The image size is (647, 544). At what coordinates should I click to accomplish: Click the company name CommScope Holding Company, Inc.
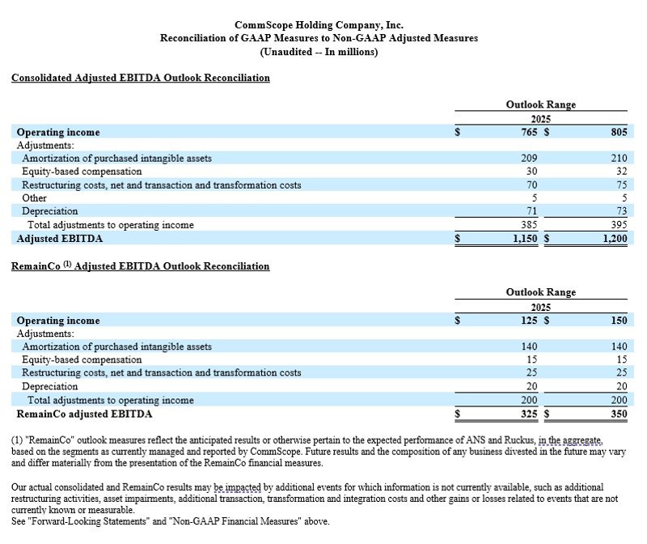[x=319, y=25]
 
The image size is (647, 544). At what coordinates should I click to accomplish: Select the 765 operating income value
[x=531, y=132]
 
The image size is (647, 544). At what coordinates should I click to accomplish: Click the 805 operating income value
[x=620, y=132]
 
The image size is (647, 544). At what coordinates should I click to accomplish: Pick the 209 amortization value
[x=531, y=159]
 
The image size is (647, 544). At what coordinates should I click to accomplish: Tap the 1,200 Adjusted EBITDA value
[x=614, y=239]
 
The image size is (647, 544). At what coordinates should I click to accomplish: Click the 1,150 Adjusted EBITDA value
[x=526, y=239]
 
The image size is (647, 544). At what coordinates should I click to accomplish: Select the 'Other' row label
[x=34, y=198]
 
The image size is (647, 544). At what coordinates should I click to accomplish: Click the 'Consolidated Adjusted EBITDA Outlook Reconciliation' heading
[x=140, y=78]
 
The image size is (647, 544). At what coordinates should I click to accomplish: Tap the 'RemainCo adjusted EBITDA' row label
[x=84, y=414]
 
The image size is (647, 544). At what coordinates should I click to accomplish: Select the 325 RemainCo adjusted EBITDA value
[x=531, y=414]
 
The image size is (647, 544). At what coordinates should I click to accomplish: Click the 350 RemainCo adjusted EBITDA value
[x=620, y=414]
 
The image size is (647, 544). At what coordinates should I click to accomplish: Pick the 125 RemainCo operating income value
[x=531, y=321]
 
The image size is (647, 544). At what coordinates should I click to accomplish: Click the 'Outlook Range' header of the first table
[x=541, y=104]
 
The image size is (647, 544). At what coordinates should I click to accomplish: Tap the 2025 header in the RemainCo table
[x=541, y=308]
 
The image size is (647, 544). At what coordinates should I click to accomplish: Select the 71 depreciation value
[x=534, y=211]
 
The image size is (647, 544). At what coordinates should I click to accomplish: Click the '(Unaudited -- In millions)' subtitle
[x=319, y=52]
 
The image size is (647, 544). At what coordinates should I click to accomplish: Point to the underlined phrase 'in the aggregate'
[x=569, y=440]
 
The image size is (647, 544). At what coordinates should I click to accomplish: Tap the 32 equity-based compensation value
[x=622, y=172]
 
